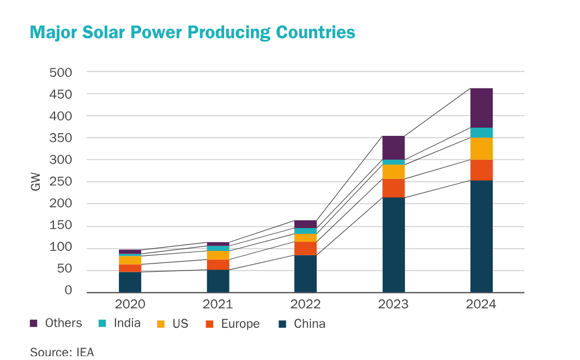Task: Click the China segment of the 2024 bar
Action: point(481,236)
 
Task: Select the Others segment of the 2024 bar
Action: point(481,107)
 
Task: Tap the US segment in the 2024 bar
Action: point(481,148)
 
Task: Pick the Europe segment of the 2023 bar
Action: point(394,188)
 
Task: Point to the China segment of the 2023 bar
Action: point(394,244)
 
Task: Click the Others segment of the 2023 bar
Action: point(394,147)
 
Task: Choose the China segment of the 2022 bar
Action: point(305,273)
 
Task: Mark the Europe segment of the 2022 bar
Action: point(305,248)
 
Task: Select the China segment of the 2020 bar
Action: point(130,282)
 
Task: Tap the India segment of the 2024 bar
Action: point(481,132)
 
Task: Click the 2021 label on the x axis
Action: point(218,304)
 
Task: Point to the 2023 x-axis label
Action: point(394,304)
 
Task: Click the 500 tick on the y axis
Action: point(61,72)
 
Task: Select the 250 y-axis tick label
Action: point(61,182)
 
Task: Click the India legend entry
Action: point(127,323)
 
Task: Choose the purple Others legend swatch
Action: point(34,323)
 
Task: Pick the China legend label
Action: point(309,323)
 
